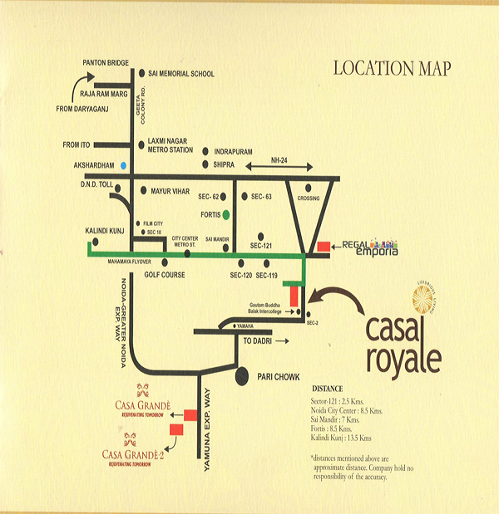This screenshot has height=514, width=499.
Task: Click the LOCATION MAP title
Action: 391,68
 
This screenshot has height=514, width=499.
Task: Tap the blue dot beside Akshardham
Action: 123,165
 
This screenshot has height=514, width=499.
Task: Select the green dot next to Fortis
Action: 237,214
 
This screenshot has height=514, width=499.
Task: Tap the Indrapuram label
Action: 239,152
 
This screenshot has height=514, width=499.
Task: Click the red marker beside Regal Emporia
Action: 324,247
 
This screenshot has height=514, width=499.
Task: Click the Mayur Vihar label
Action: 172,191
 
